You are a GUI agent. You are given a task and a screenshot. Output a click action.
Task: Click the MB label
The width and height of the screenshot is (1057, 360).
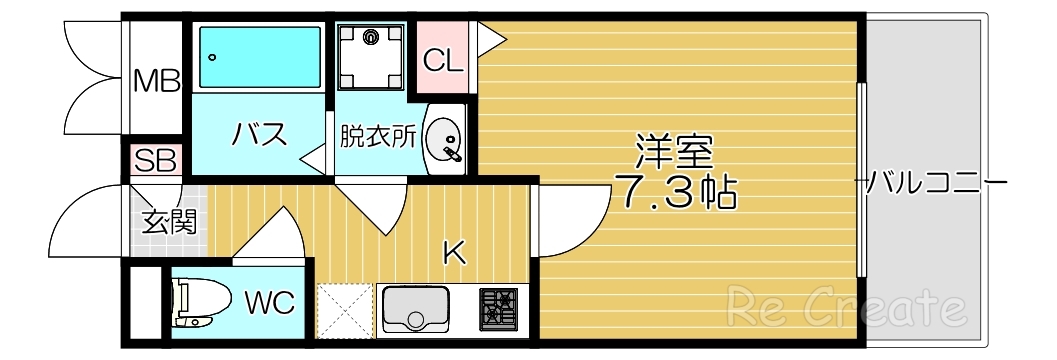(157, 81)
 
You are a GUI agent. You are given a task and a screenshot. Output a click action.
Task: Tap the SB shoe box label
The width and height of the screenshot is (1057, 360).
(156, 160)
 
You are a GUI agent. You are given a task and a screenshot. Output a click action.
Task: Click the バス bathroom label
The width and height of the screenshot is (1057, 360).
(260, 133)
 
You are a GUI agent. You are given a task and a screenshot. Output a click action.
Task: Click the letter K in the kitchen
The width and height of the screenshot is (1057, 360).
(454, 254)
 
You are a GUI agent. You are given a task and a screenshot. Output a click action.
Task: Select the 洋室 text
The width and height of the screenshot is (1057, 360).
(674, 151)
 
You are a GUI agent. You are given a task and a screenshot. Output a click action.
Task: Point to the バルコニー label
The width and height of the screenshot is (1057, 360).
(934, 183)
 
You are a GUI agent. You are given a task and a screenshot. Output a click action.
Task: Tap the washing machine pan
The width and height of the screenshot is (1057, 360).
(372, 56)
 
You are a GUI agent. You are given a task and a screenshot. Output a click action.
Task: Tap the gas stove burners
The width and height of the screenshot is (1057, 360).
(498, 308)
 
